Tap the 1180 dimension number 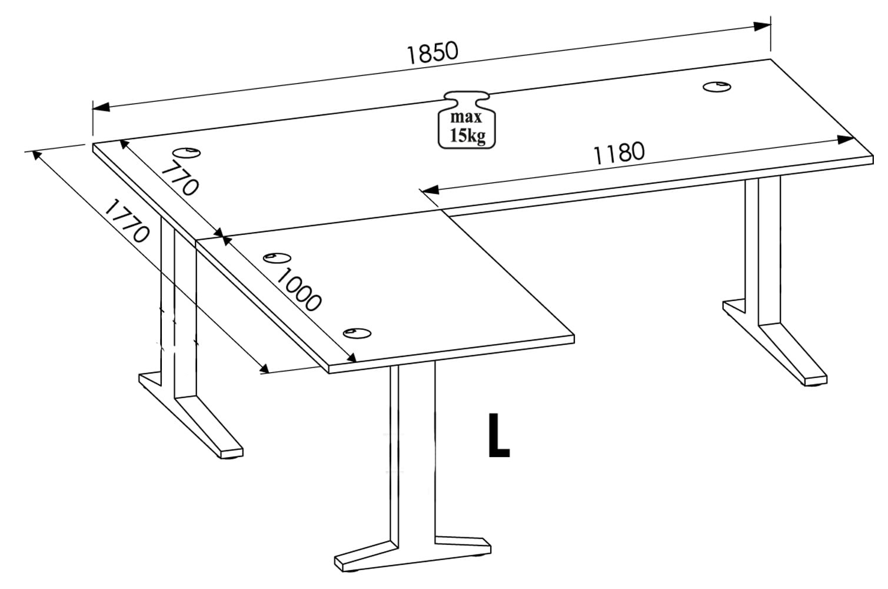pos(619,153)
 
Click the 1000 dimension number pos(297,290)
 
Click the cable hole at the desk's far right pos(717,87)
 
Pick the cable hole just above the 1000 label pos(277,258)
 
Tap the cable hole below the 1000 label pos(357,333)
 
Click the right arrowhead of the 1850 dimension pos(762,27)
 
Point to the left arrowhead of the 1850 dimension pos(101,107)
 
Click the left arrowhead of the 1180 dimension pos(430,190)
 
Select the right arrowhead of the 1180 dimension pos(845,140)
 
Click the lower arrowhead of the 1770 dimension pos(264,368)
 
